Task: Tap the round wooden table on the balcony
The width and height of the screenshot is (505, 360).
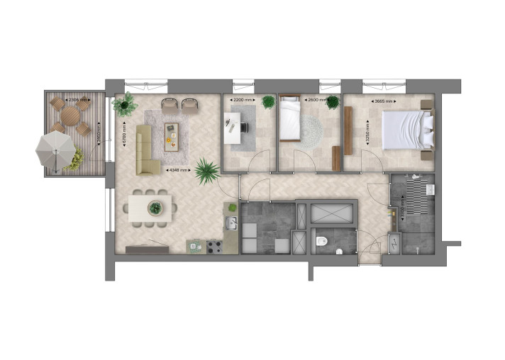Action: [70, 116]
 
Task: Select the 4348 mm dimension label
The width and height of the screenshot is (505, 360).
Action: [178, 170]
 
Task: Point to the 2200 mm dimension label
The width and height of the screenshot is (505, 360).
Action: [243, 101]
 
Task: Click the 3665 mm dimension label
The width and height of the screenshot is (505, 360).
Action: [385, 101]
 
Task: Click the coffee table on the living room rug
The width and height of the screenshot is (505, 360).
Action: [170, 135]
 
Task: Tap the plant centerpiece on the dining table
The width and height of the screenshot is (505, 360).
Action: [155, 208]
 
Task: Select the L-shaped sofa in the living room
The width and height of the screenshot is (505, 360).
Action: [147, 150]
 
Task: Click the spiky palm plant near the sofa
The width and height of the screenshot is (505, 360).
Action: [207, 170]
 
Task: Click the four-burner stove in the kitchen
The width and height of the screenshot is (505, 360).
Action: [214, 247]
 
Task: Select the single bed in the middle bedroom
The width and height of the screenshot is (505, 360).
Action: [291, 118]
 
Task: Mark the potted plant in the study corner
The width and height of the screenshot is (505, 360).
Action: [268, 102]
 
